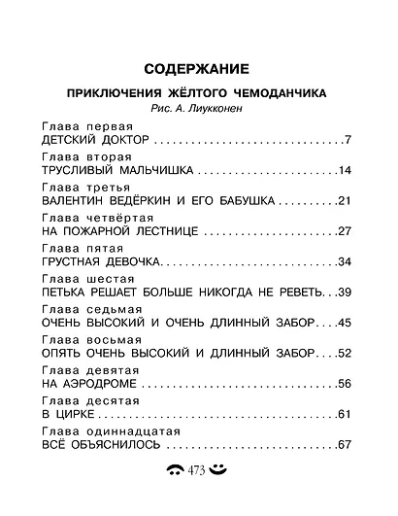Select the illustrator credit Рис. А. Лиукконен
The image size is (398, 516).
(x=197, y=109)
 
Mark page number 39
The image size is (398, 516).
(x=344, y=292)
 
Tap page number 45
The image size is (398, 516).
(x=344, y=322)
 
